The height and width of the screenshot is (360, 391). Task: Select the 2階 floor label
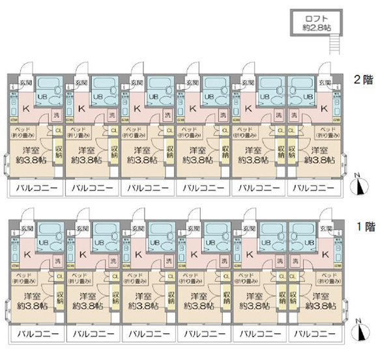pos(362,81)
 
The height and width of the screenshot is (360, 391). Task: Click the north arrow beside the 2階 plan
pos(359,186)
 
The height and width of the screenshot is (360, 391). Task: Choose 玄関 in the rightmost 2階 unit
pos(325,83)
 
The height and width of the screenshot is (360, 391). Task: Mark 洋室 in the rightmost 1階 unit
pos(319,296)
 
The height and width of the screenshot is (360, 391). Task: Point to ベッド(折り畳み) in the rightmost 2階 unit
pos(325,133)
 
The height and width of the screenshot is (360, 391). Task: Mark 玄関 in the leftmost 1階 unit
pos(26,229)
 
